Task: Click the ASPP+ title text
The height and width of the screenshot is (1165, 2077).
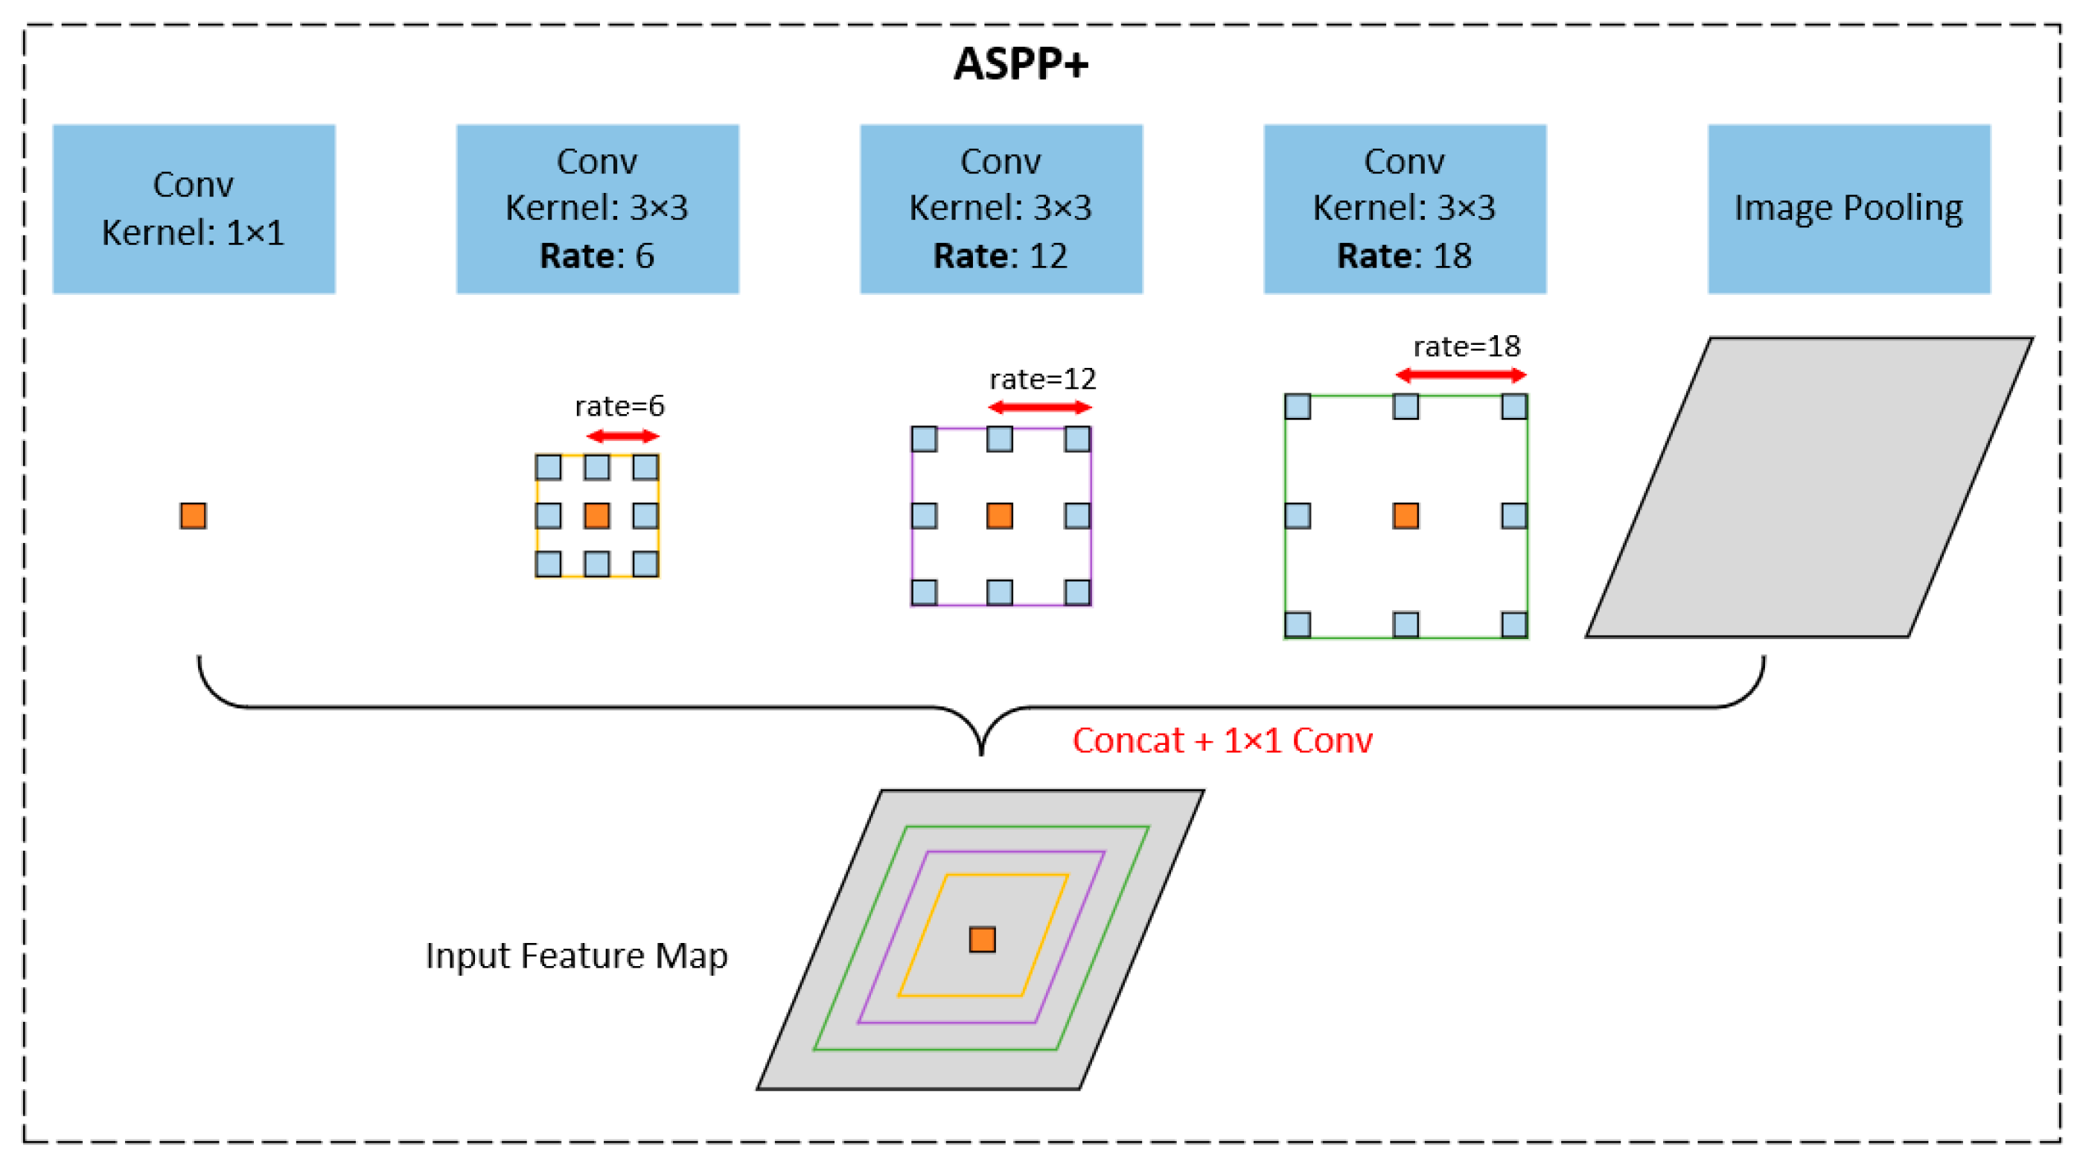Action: tap(1020, 64)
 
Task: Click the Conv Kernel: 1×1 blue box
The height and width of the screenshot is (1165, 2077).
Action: tap(194, 209)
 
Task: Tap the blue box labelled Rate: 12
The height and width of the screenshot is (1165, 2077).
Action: tap(1001, 209)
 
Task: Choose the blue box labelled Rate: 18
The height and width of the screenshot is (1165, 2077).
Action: tap(1405, 209)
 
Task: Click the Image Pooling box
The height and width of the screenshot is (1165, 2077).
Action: tap(1848, 209)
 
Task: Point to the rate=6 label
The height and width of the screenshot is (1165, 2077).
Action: tap(619, 406)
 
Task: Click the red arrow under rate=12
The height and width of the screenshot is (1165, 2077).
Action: tap(1039, 407)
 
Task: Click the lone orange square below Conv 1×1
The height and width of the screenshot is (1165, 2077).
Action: tap(194, 515)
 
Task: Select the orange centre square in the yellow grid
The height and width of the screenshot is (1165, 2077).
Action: tap(596, 515)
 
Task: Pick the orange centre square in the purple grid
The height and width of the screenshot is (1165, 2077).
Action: tap(1000, 515)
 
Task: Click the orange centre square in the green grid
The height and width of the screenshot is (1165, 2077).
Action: tap(1406, 515)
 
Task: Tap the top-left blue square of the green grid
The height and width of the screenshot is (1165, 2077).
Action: tap(1298, 407)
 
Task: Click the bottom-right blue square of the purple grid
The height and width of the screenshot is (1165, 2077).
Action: tap(1077, 592)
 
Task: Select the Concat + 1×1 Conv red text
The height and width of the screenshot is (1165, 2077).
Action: tap(1222, 740)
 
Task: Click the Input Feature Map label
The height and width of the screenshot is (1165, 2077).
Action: tap(575, 956)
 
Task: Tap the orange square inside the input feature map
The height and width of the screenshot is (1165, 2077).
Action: tap(982, 940)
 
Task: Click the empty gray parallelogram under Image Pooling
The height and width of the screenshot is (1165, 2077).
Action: tap(1809, 487)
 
